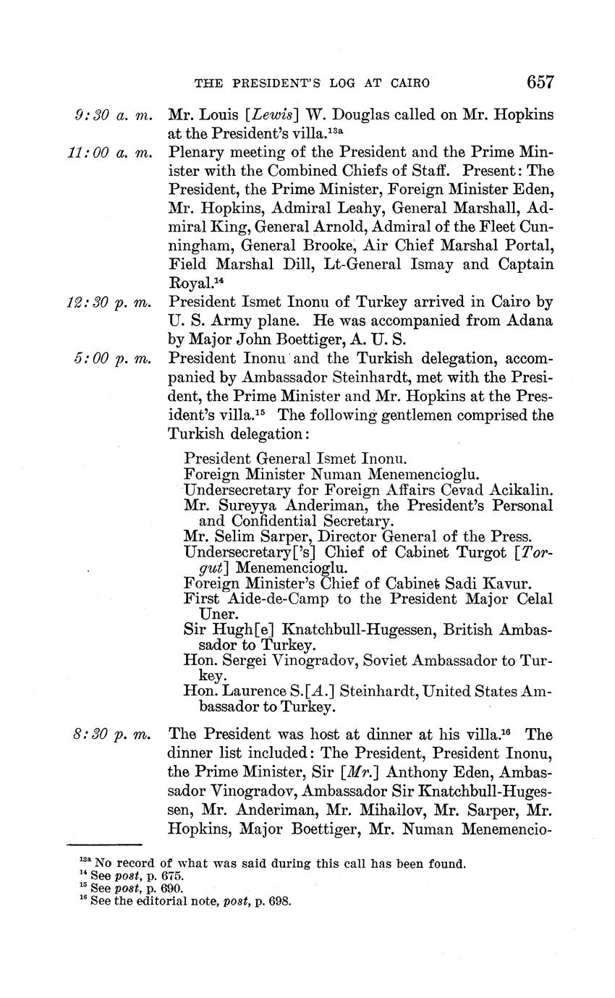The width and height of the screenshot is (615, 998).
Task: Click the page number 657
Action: tap(540, 82)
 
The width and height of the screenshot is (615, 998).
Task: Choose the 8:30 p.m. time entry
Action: tap(113, 734)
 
